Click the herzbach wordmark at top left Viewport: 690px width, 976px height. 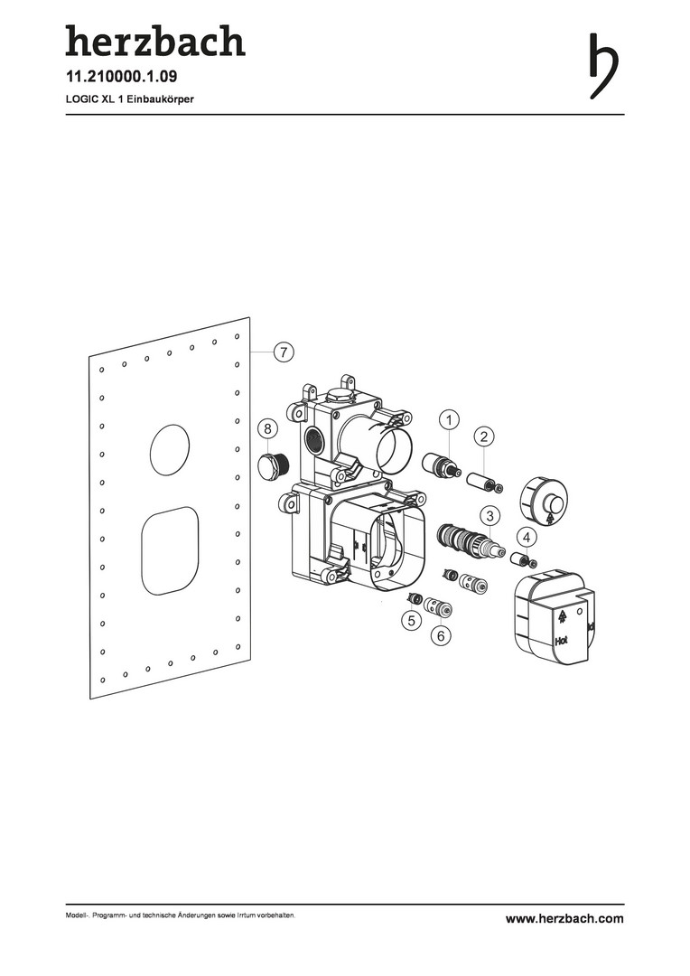[155, 41]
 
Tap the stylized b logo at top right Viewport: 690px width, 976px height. [603, 66]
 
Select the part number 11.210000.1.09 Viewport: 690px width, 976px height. [122, 77]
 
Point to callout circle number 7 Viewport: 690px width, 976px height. [283, 352]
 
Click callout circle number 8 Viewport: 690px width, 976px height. [268, 428]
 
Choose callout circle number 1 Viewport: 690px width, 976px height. [449, 420]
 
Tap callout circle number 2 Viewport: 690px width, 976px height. [484, 436]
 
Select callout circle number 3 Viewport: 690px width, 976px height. [490, 516]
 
